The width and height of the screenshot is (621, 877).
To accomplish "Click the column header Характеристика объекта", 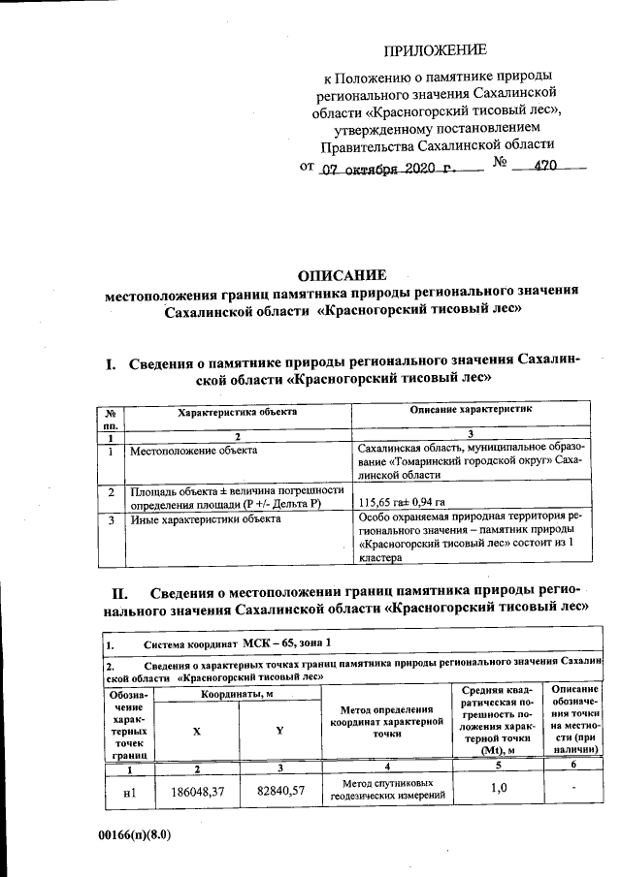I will (237, 413).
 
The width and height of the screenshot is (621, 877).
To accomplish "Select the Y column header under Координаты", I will (278, 731).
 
